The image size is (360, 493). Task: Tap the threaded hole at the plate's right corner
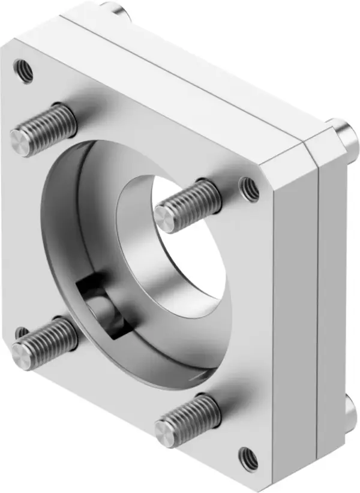[x=250, y=190]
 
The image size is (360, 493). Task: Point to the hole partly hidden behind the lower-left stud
[x=21, y=332]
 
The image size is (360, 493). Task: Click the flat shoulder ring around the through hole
[x=138, y=282]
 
